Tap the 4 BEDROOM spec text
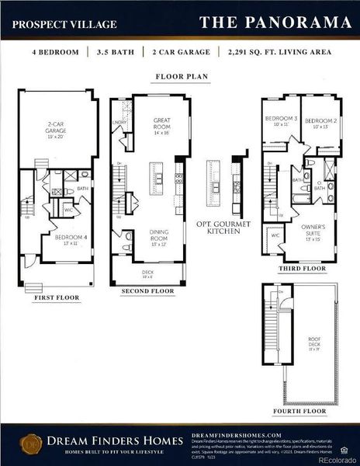click(x=56, y=54)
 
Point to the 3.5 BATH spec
click(x=114, y=54)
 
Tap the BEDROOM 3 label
click(x=280, y=121)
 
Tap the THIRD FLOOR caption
click(x=301, y=269)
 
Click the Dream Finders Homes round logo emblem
click(x=31, y=445)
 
